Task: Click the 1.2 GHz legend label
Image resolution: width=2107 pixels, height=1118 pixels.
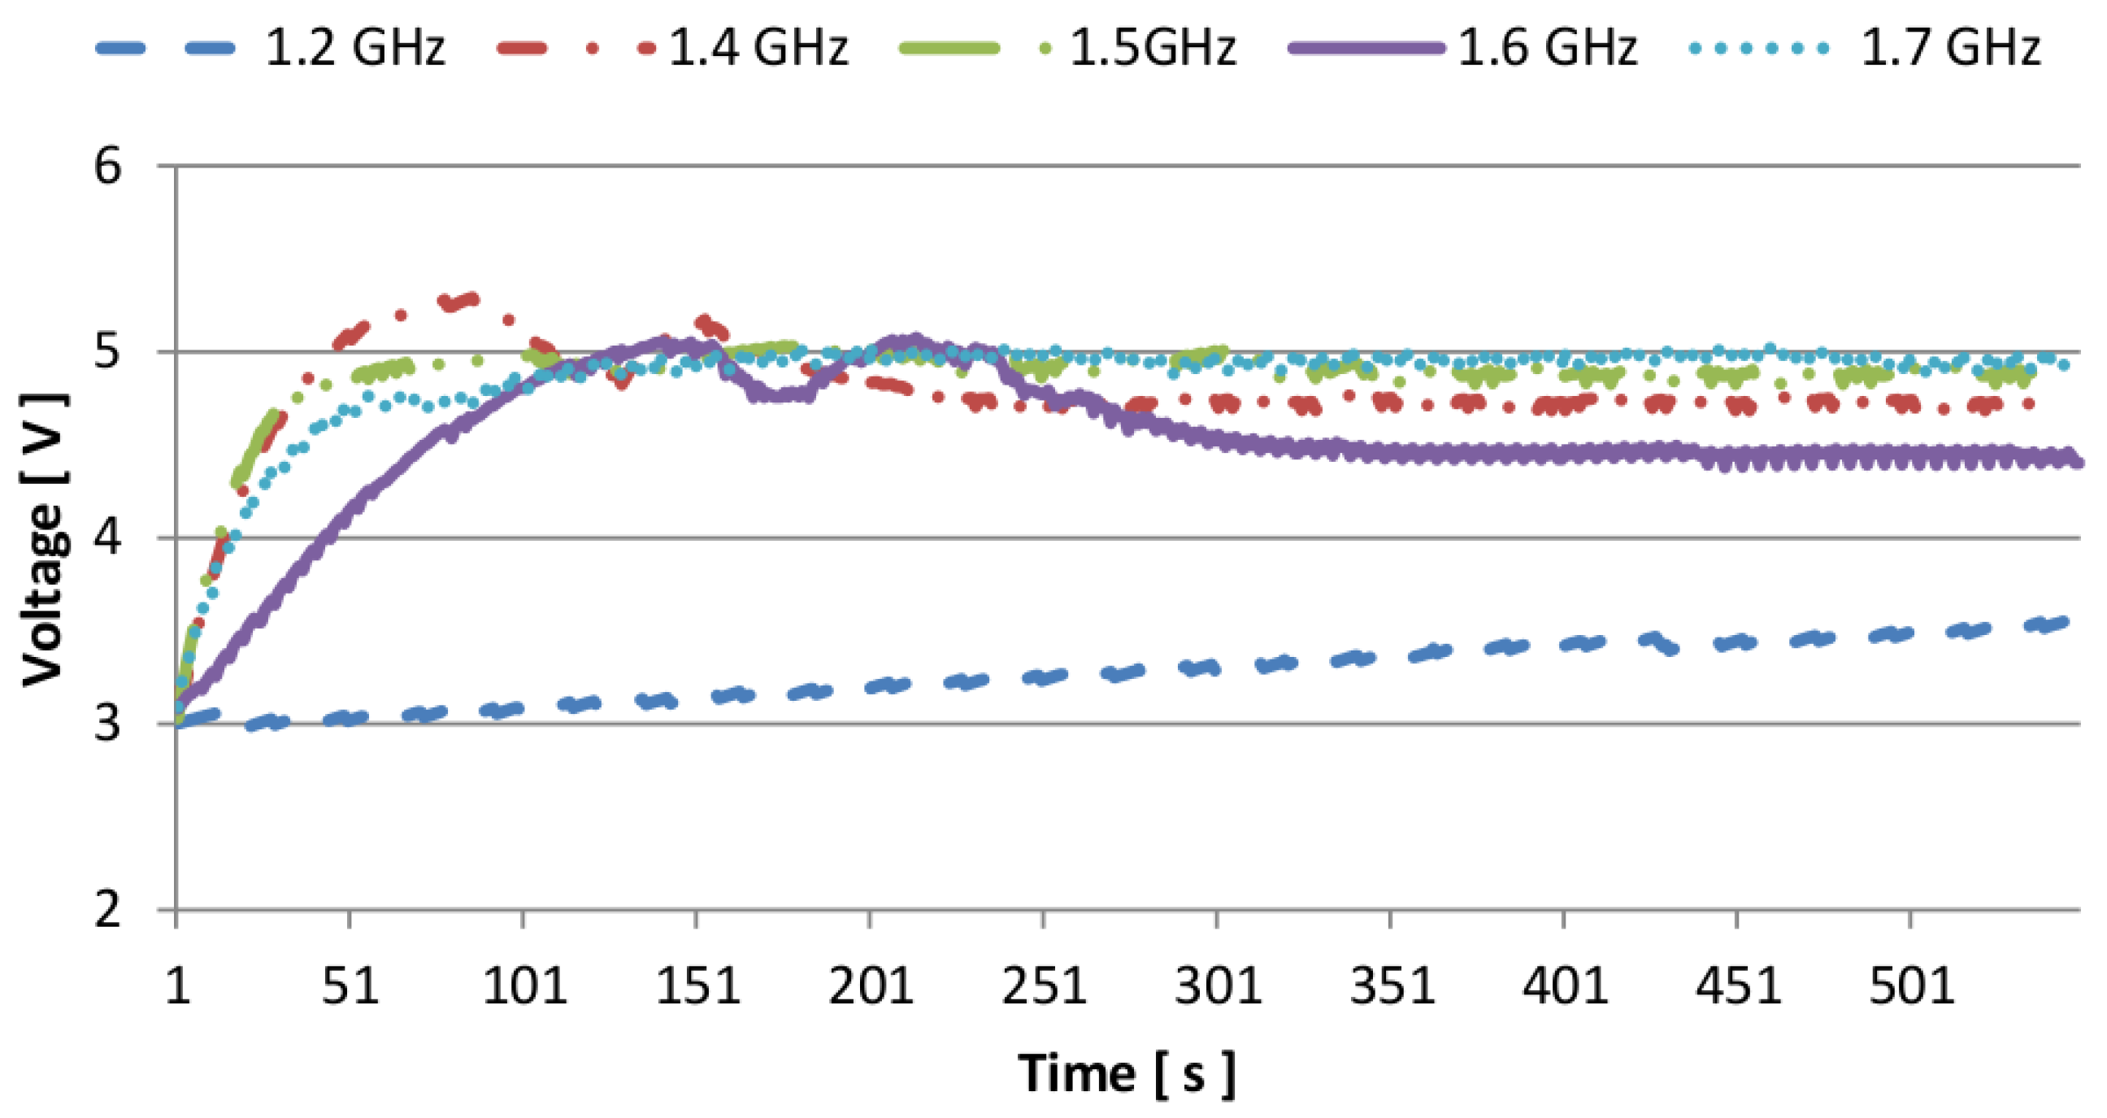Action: pos(355,47)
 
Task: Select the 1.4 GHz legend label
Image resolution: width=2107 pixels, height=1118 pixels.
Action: pos(758,47)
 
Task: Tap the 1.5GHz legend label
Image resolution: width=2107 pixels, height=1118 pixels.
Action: pos(1153,47)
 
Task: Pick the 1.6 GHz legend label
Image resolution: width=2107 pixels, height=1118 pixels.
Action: pos(1548,47)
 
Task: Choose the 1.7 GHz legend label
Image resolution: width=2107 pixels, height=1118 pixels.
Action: pos(1951,47)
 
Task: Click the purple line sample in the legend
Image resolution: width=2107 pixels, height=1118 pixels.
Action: pos(1367,48)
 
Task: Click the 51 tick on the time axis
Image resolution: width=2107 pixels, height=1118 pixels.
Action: pos(350,985)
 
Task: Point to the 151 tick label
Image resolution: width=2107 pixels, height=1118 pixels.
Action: pos(697,985)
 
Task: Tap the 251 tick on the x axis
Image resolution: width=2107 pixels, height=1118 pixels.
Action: pos(1044,985)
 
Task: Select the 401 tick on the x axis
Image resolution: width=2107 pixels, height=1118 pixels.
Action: pos(1564,985)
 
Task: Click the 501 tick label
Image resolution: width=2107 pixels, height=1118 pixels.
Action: pos(1911,985)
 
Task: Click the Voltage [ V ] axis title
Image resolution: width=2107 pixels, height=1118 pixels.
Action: pos(42,540)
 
